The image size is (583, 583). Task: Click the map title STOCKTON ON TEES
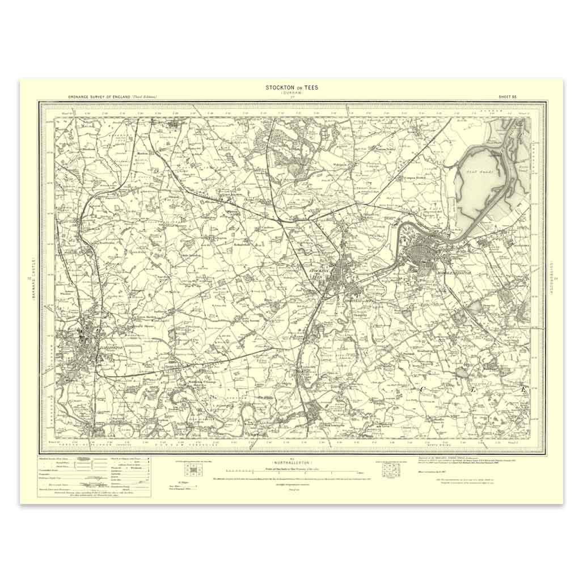[x=292, y=87]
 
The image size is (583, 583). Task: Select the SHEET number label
[x=506, y=98]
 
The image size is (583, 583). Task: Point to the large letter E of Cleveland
[x=523, y=390]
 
